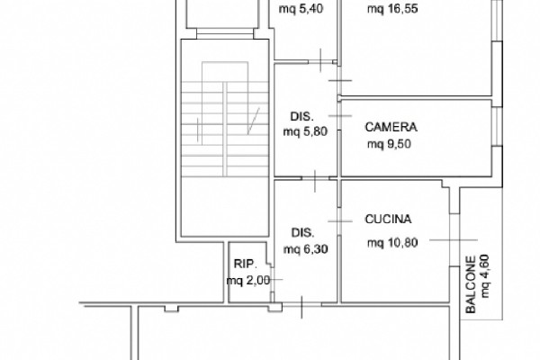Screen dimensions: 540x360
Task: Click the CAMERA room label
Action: tap(391, 127)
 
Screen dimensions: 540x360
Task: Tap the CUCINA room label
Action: tap(388, 219)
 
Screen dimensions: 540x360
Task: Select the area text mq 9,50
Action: tap(389, 144)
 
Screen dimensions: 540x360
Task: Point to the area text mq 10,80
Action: tap(392, 243)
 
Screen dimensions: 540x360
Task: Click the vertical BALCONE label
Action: tap(471, 284)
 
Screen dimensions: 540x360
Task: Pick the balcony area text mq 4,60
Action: tap(484, 275)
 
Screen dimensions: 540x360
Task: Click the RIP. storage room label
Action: tap(245, 264)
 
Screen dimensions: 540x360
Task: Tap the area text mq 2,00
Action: tap(248, 281)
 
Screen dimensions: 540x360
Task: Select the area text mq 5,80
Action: tap(305, 131)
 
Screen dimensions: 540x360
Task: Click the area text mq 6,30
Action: tap(305, 248)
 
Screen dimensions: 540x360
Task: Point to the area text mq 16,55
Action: tap(392, 8)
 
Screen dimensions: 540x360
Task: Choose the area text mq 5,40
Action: tap(301, 8)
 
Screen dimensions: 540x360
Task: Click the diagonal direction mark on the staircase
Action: tap(254, 121)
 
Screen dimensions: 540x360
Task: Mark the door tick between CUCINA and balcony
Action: tap(454, 239)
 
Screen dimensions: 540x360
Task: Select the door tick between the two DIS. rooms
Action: tap(315, 181)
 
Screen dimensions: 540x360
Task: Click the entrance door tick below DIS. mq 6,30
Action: tap(302, 307)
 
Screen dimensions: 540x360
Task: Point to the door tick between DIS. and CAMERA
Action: tap(340, 116)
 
